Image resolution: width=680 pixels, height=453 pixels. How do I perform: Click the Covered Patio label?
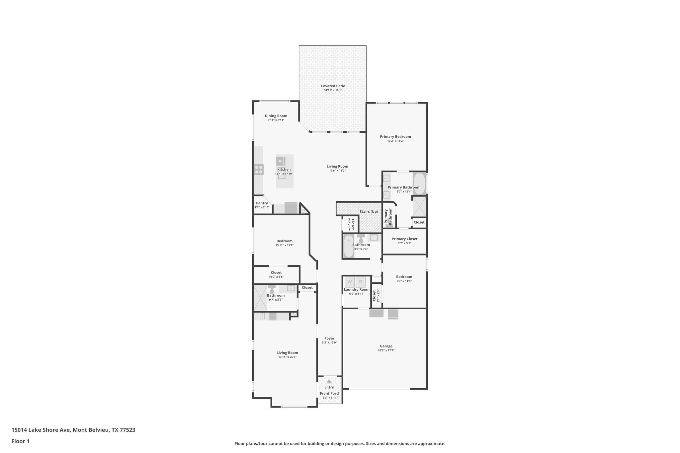(x=333, y=86)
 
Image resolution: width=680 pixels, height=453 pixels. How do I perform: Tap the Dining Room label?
(x=276, y=116)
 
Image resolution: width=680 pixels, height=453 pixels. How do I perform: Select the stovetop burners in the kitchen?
(x=259, y=170)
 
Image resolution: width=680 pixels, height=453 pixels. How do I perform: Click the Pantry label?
(x=262, y=203)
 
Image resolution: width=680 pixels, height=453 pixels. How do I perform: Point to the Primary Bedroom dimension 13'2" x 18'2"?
(x=395, y=141)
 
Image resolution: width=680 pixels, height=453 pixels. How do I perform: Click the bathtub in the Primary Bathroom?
(x=419, y=183)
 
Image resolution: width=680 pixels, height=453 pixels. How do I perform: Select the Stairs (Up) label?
(x=369, y=211)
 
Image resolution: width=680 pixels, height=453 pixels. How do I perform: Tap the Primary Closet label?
(x=404, y=239)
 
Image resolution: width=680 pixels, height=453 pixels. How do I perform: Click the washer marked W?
(x=349, y=282)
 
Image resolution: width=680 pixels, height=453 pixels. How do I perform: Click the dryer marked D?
(x=361, y=282)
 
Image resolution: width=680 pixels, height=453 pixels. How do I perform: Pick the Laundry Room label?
(x=357, y=289)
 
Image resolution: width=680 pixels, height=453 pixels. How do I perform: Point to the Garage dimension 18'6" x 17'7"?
(x=386, y=350)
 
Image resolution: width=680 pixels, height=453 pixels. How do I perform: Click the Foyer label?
(x=329, y=338)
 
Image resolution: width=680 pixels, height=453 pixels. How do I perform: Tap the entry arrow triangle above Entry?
(x=329, y=381)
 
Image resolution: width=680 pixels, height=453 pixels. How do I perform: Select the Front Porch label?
(x=330, y=393)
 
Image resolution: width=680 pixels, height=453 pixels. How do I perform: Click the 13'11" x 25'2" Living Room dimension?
(x=287, y=357)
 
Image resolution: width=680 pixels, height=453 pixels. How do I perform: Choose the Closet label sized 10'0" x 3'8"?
(x=276, y=272)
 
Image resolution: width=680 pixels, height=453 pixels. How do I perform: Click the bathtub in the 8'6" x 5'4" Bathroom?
(x=348, y=246)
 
